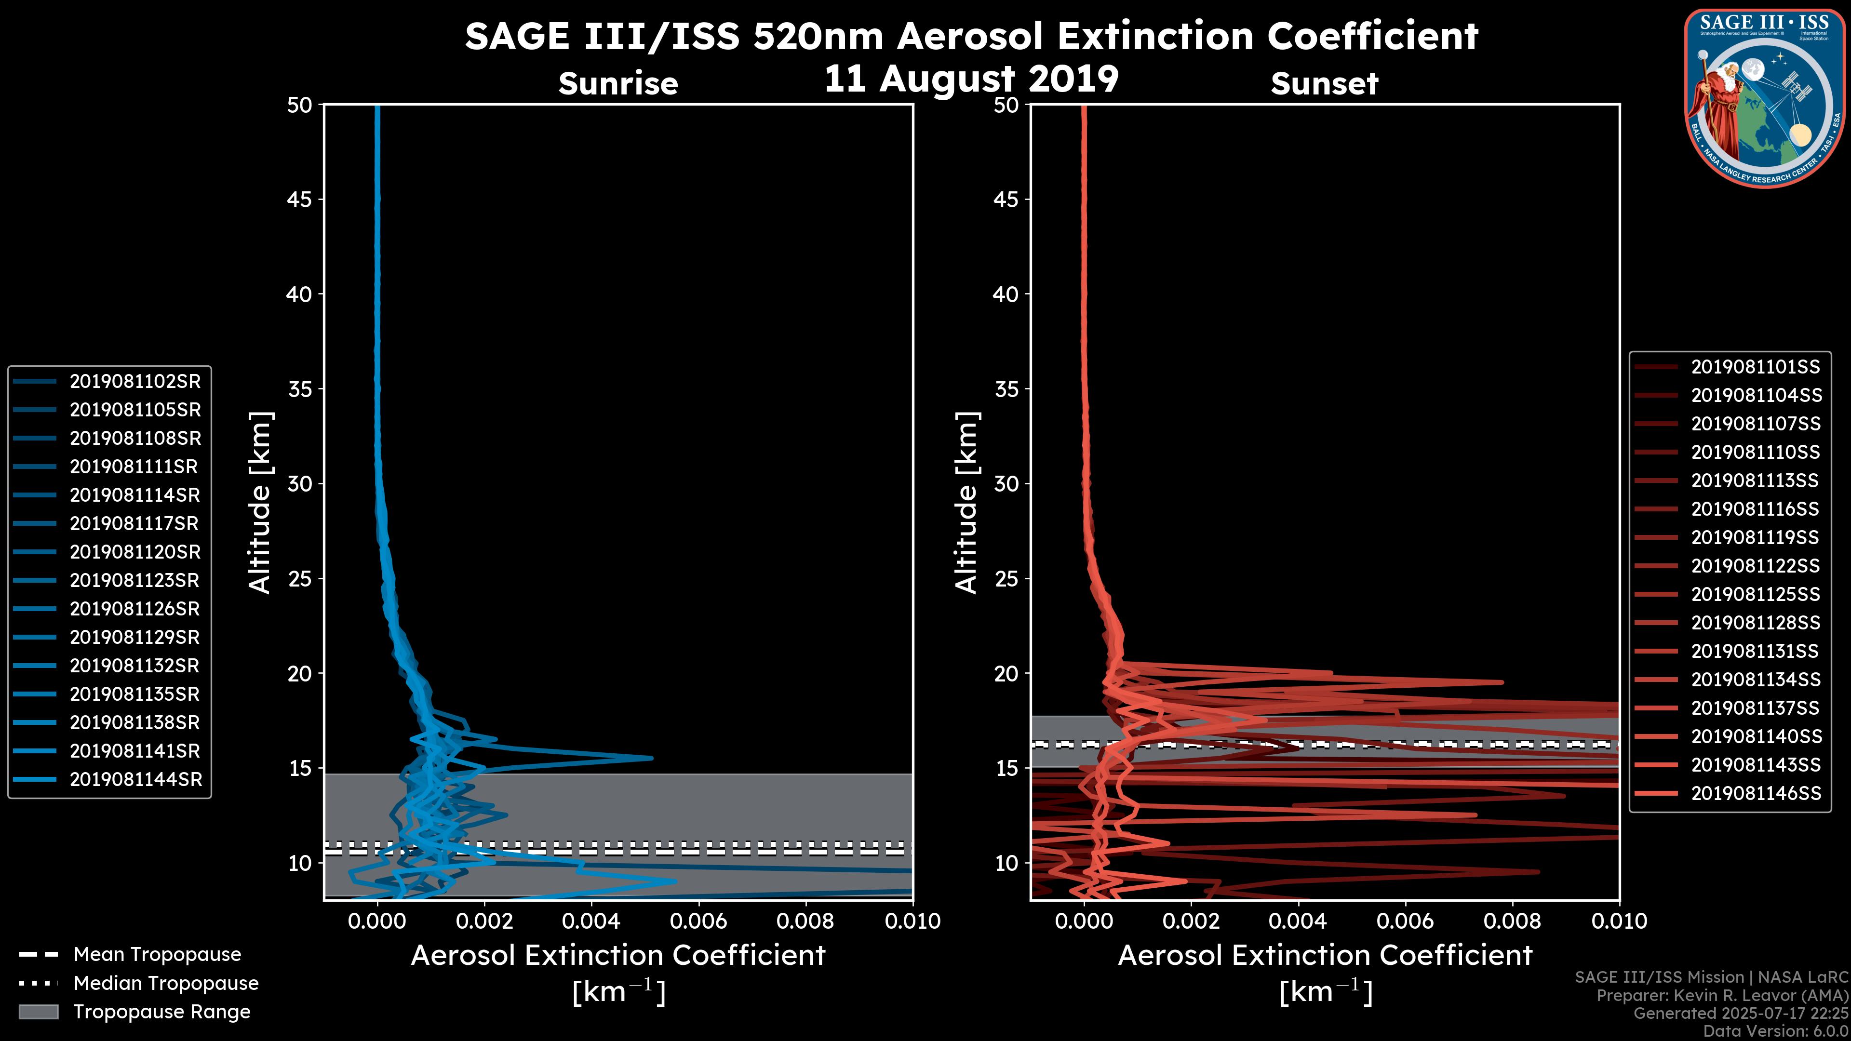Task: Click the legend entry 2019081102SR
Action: coord(135,382)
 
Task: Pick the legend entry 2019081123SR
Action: coord(135,580)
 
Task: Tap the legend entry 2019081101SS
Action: coord(1756,367)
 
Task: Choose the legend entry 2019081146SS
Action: coord(1756,793)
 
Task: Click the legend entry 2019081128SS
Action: coord(1756,623)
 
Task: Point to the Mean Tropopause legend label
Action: coord(157,955)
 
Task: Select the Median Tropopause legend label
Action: coord(165,984)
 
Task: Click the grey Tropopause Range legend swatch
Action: coord(39,1012)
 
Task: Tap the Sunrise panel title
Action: coord(618,84)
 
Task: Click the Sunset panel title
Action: coord(1324,84)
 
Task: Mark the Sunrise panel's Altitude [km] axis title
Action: coord(260,503)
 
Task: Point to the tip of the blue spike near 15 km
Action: coord(651,758)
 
